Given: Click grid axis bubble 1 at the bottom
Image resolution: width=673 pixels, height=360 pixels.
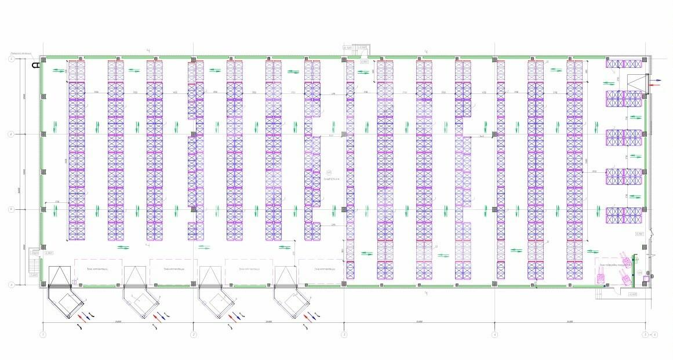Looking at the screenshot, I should click(x=42, y=334).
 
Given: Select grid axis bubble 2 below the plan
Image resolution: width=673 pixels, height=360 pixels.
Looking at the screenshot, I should click(x=193, y=334).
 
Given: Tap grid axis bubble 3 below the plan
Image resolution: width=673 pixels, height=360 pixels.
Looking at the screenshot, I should click(x=344, y=334).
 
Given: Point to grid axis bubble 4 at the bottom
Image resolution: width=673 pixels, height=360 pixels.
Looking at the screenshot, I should click(x=494, y=334).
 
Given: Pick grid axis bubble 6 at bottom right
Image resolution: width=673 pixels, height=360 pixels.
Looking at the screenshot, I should click(x=655, y=334).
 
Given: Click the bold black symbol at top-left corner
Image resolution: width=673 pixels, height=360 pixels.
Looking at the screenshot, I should click(x=36, y=65).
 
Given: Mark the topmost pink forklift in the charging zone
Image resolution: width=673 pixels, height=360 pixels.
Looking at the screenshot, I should click(x=624, y=257).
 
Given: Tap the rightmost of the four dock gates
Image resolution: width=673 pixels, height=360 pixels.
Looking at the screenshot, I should click(x=287, y=277).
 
